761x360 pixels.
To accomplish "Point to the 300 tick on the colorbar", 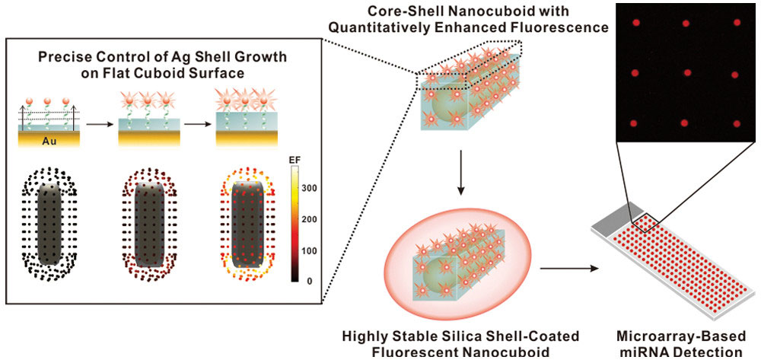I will [x=308, y=187].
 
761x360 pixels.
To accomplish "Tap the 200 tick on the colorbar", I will [x=308, y=218].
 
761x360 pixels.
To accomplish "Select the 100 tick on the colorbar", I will [x=308, y=250].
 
